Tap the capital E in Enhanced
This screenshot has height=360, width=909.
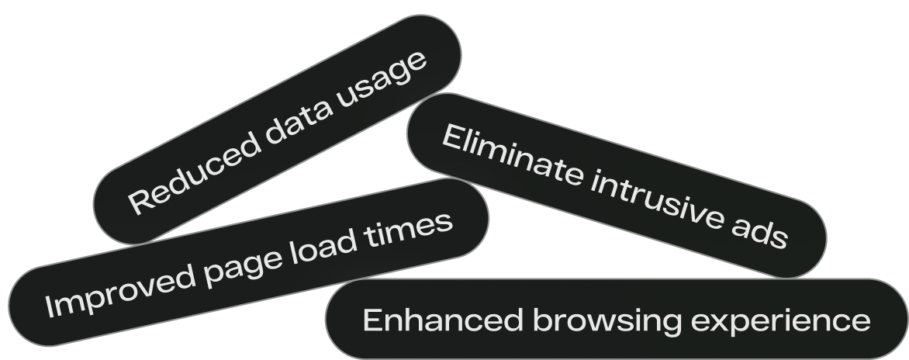[x=372, y=320]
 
